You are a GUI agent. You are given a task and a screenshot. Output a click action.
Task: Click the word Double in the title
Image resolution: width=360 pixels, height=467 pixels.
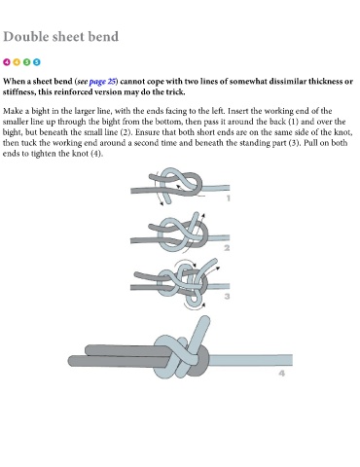[26, 36]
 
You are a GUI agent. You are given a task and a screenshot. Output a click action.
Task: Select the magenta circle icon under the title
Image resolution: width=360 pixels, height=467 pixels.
[7, 61]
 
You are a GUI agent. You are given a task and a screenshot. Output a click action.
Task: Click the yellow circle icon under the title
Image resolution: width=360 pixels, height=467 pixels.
[17, 61]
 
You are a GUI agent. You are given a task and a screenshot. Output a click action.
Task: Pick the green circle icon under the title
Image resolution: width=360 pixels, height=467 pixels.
[26, 61]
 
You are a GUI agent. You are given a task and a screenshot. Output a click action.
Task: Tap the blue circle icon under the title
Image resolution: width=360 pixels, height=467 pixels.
[37, 61]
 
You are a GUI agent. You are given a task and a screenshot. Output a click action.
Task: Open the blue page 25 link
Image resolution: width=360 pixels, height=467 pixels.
[102, 82]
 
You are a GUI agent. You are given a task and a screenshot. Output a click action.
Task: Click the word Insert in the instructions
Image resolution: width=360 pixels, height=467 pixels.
[238, 111]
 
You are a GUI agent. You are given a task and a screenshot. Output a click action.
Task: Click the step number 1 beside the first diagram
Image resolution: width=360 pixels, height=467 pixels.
[229, 198]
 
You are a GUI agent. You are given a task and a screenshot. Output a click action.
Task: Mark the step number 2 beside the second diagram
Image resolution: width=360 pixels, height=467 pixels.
[227, 248]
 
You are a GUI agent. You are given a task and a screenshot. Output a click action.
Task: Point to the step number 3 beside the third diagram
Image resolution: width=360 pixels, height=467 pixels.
[227, 296]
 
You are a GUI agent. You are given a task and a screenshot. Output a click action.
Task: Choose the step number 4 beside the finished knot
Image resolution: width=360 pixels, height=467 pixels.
[281, 374]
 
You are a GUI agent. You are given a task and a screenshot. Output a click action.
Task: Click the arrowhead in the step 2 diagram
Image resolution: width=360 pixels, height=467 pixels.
[203, 215]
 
